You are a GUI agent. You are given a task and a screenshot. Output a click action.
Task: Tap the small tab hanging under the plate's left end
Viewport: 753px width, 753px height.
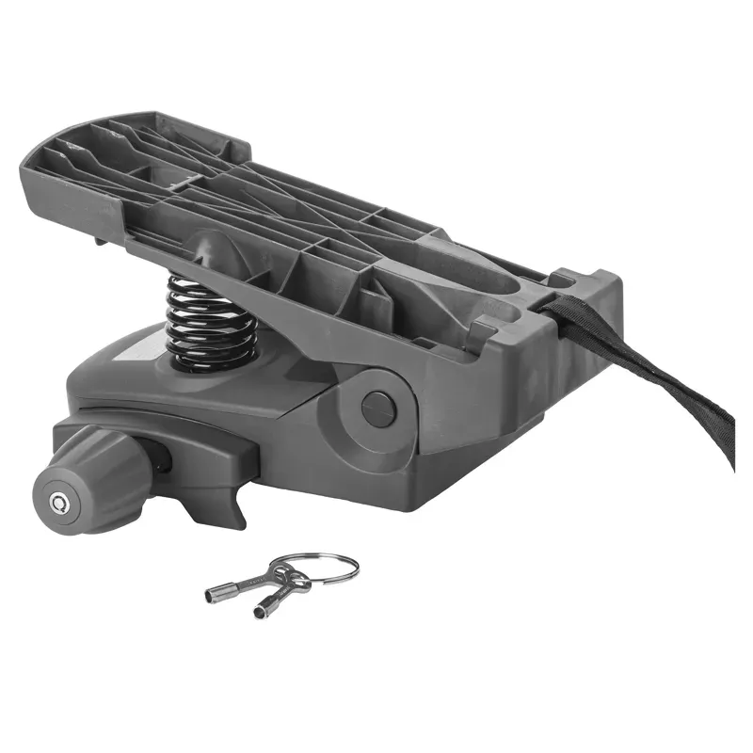click(98, 239)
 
